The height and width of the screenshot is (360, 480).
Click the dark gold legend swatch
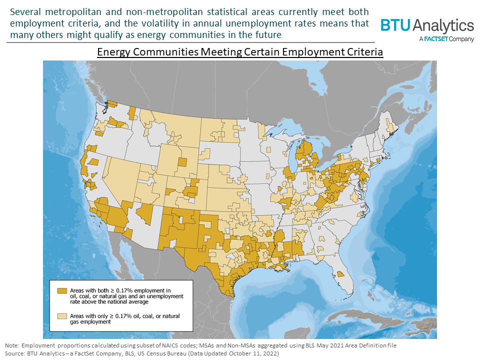click(62, 290)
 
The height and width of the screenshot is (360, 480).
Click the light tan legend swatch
click(62, 316)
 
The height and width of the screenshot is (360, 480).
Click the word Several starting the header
click(24, 11)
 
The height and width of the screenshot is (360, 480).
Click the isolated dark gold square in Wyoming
click(182, 161)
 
